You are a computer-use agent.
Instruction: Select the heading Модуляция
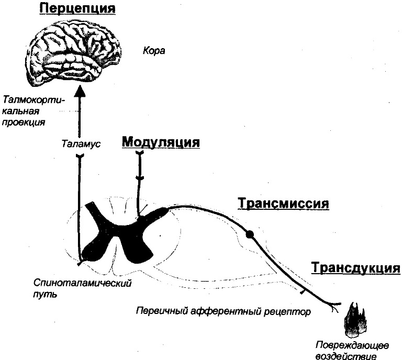[x=161, y=142]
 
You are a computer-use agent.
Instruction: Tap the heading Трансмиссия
[x=283, y=203]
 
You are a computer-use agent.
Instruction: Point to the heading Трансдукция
[x=355, y=268]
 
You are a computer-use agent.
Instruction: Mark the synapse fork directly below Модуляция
[x=140, y=153]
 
